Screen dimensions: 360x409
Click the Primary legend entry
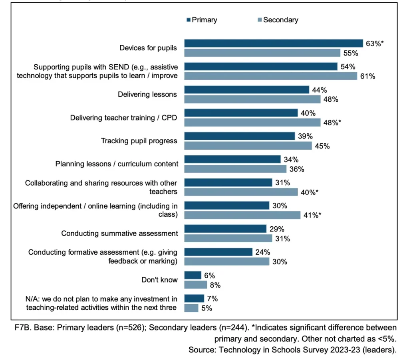202,20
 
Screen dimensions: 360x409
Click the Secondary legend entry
278,20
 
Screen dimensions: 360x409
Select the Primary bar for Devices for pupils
273,44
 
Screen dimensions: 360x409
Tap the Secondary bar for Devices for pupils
262,53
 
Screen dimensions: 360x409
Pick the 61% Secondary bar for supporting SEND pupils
270,76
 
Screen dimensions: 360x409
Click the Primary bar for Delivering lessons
246,90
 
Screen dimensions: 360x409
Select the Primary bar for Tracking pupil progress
240,136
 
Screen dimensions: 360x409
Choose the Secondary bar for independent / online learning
242,215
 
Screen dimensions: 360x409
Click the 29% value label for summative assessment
277,229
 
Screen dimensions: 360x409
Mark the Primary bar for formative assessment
218,252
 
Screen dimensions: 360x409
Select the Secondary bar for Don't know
195,285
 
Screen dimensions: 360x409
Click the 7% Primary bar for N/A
194,299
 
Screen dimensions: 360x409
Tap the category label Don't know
159,280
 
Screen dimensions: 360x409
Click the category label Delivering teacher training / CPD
124,118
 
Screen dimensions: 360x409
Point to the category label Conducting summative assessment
119,233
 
